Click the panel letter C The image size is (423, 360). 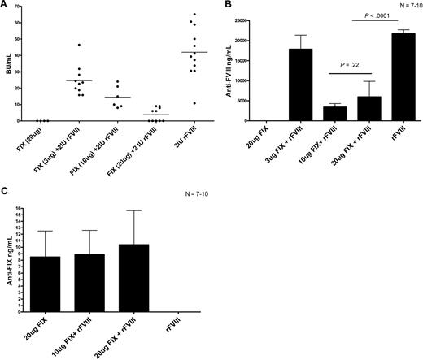5,193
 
